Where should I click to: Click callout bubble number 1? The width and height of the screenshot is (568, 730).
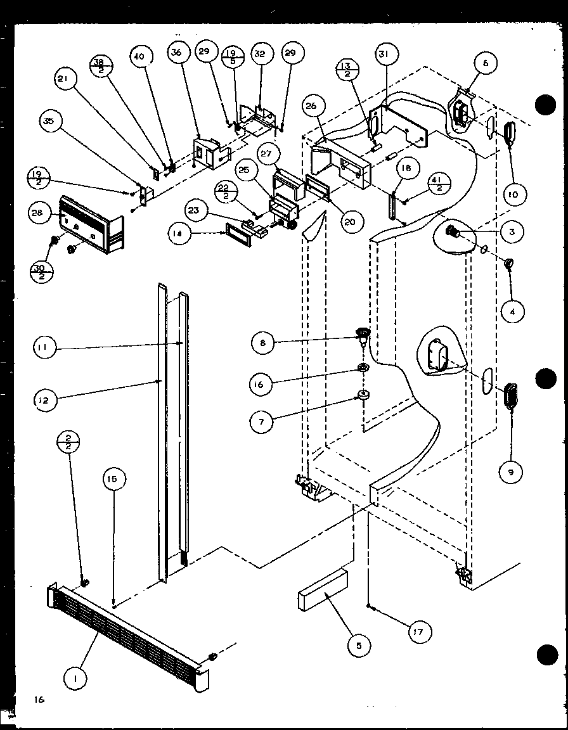(76, 679)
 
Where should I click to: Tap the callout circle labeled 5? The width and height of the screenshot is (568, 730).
(359, 646)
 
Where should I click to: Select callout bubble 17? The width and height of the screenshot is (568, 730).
(419, 631)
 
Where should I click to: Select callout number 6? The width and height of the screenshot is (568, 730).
(486, 63)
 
